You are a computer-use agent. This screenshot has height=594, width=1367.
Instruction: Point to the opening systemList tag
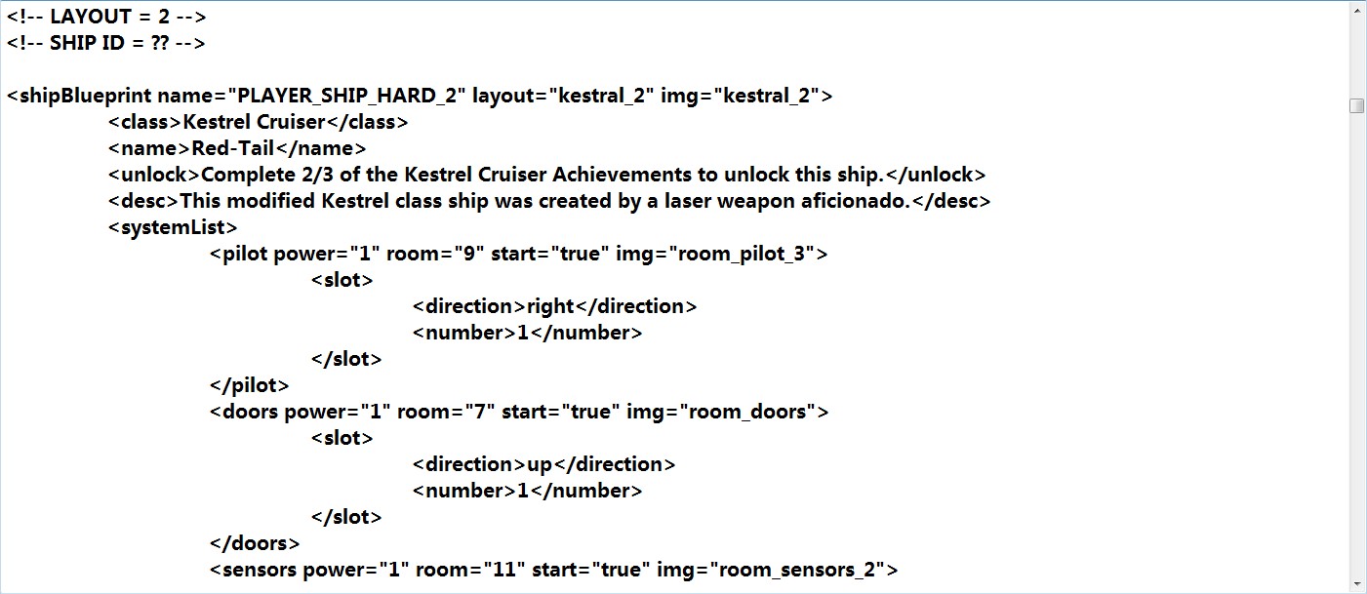[173, 228]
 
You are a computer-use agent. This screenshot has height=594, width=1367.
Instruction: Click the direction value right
[551, 307]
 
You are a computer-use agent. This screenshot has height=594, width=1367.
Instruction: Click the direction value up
[540, 464]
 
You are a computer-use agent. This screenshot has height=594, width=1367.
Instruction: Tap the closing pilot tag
[250, 385]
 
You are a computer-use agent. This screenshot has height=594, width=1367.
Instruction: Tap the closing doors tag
[255, 543]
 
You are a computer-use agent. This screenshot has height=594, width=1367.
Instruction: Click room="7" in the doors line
[446, 413]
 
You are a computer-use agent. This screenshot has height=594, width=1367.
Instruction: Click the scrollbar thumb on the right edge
[1357, 106]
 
